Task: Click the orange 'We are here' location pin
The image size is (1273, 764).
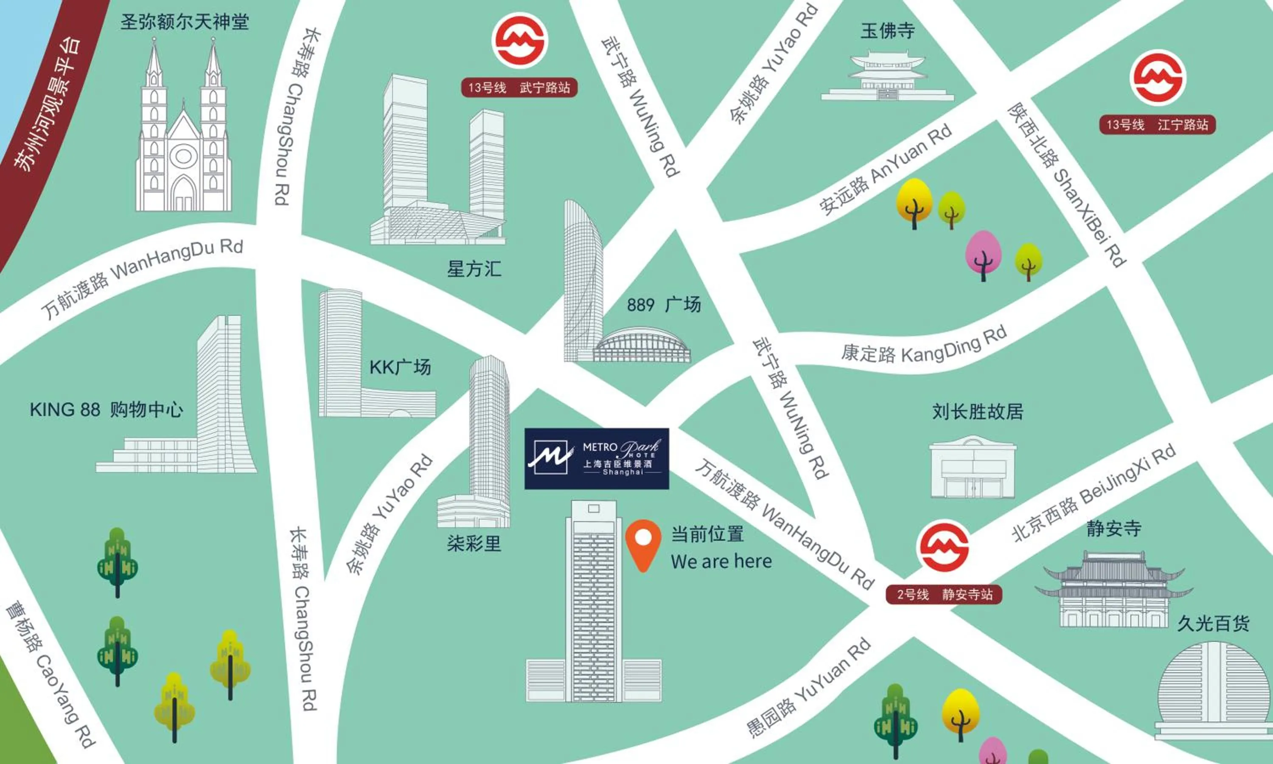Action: [x=643, y=543]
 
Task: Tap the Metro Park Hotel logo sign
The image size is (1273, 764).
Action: [x=596, y=458]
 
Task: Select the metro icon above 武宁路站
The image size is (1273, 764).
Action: [x=519, y=41]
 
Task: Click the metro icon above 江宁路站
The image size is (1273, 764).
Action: [x=1157, y=78]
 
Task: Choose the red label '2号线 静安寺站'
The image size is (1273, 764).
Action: [x=944, y=595]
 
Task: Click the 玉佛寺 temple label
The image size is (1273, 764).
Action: [x=888, y=31]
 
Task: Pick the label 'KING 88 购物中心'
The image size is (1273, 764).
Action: [x=106, y=410]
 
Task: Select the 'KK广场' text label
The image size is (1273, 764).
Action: [x=400, y=367]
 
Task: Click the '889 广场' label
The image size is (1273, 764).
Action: [x=663, y=305]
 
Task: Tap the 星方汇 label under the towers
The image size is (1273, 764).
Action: [x=474, y=269]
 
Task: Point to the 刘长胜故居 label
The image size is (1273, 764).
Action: [x=977, y=411]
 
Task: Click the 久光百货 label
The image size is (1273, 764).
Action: [x=1213, y=624]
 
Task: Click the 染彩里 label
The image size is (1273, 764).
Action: [x=474, y=544]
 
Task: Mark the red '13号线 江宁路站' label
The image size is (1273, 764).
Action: [x=1157, y=125]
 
